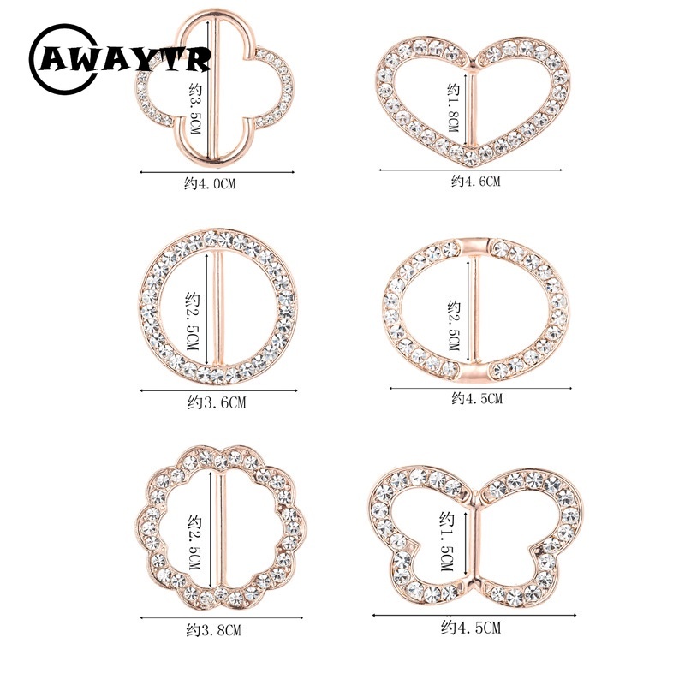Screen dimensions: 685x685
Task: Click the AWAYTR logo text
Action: [125, 59]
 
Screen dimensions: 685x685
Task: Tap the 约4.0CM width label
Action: [210, 183]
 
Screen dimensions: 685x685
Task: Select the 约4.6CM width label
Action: [476, 181]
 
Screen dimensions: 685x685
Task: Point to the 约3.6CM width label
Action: [217, 402]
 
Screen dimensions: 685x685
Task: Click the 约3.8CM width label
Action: [213, 630]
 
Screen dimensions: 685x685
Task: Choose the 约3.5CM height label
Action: [195, 110]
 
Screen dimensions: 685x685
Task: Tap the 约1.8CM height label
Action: [454, 108]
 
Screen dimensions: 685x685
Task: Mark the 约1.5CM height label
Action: [447, 542]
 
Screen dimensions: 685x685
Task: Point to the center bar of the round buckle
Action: [218, 308]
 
